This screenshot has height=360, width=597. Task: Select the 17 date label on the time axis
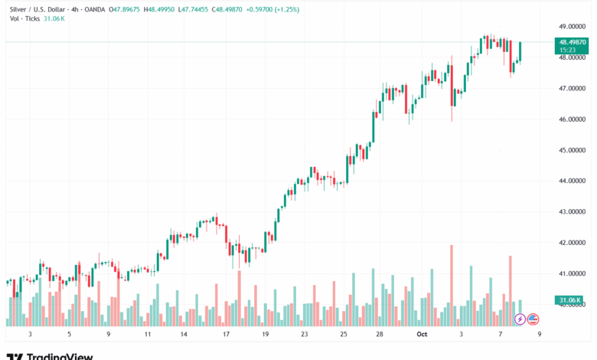coord(227,334)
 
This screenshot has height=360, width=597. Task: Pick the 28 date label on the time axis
coord(380,334)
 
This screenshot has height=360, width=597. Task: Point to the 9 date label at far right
coord(539,334)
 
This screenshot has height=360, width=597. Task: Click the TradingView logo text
coord(60,356)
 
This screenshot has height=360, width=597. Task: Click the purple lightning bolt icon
coord(520,319)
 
